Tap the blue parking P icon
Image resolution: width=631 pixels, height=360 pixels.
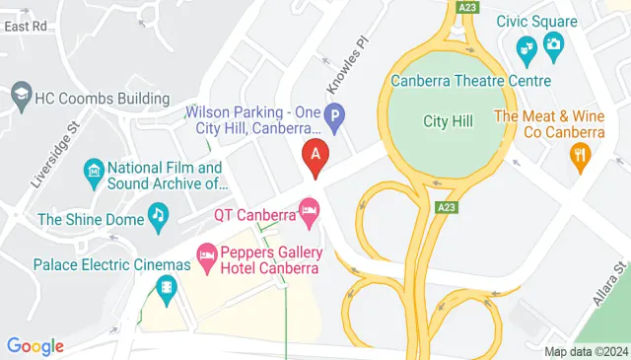(335, 118)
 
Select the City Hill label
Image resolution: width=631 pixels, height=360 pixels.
(449, 120)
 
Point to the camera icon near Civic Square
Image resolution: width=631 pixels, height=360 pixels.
(553, 43)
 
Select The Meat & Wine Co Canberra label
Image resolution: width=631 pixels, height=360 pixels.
(549, 123)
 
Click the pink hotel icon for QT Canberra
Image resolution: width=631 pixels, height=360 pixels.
(310, 209)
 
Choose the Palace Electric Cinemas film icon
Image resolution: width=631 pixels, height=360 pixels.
(166, 288)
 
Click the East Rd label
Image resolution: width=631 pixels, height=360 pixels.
(25, 27)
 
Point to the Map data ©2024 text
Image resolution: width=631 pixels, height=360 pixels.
(586, 351)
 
